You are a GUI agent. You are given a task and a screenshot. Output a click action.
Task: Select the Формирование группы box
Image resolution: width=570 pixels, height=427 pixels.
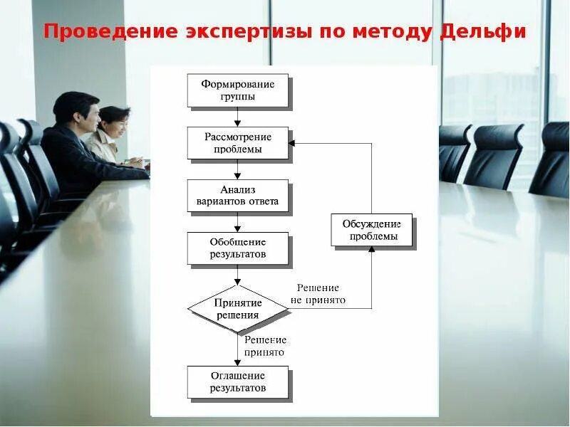coord(237,90)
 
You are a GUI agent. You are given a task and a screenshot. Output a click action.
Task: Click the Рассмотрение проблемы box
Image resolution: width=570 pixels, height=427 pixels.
coord(237,143)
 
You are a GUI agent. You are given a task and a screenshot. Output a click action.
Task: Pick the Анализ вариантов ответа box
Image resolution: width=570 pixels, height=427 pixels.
coord(237,196)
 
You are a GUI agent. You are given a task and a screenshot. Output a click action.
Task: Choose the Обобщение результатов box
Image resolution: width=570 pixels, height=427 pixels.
coord(237,248)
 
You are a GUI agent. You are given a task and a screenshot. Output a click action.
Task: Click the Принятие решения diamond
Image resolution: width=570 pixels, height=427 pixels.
coord(237,309)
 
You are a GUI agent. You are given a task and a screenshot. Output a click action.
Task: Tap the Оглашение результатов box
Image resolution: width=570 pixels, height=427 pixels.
coord(237,382)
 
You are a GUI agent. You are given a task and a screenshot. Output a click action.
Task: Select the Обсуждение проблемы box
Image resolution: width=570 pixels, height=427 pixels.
coord(372,231)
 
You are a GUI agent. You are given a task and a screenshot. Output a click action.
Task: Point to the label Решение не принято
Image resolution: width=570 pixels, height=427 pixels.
coord(318,294)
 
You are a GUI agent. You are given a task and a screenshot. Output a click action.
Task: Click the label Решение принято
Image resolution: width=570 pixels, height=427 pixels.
coord(264,346)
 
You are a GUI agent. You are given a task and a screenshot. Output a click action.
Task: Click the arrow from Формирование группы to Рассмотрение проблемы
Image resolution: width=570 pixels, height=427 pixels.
coord(237,117)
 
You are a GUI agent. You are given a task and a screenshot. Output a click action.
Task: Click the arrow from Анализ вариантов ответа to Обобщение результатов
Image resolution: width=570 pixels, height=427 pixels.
coord(237,223)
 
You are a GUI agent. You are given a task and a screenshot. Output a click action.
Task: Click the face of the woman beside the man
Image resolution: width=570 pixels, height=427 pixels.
coord(116,123)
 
